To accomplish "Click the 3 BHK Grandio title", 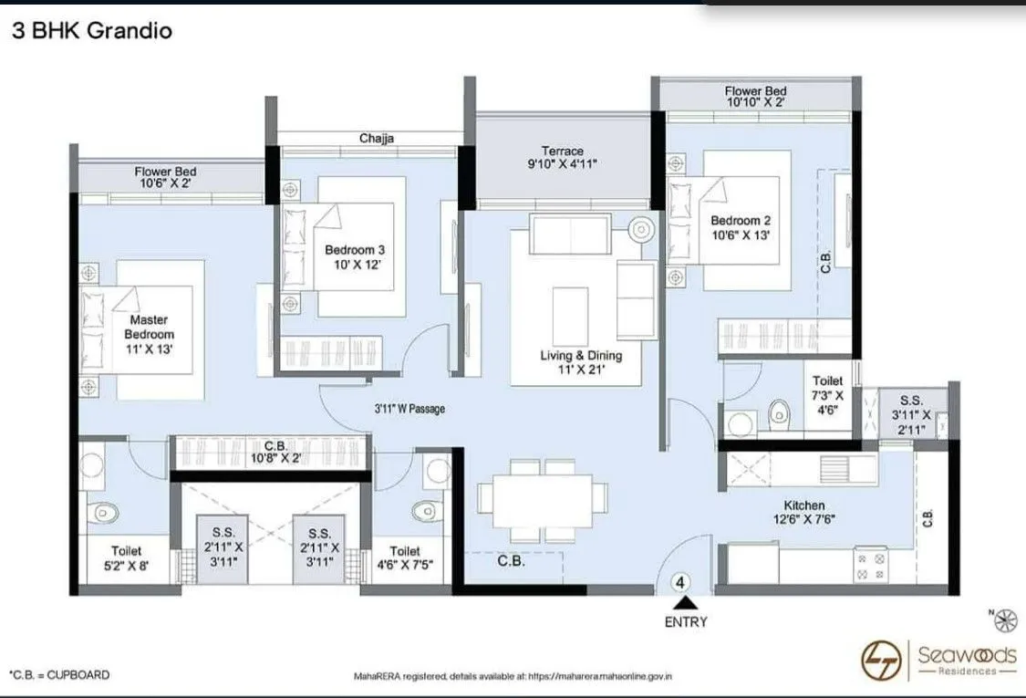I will pyautogui.click(x=91, y=31).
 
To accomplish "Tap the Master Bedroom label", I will pyautogui.click(x=149, y=334).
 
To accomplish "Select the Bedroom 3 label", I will pyautogui.click(x=355, y=257).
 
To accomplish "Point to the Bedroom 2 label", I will pyautogui.click(x=741, y=228).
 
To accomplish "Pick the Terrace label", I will pyautogui.click(x=562, y=158).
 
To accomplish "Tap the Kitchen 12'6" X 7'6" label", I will pyautogui.click(x=803, y=513).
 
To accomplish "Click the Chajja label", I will pyautogui.click(x=376, y=139).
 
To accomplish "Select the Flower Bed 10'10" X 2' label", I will pyautogui.click(x=755, y=97).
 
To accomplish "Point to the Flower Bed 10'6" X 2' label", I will pyautogui.click(x=165, y=177).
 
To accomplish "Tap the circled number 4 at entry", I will pyautogui.click(x=680, y=581).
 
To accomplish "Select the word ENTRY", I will pyautogui.click(x=685, y=622).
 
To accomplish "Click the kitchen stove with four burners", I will pyautogui.click(x=869, y=565).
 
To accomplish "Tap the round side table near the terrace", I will pyautogui.click(x=641, y=228).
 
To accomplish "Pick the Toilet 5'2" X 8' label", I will pyautogui.click(x=126, y=557).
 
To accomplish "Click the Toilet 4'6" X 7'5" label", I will pyautogui.click(x=405, y=557).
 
